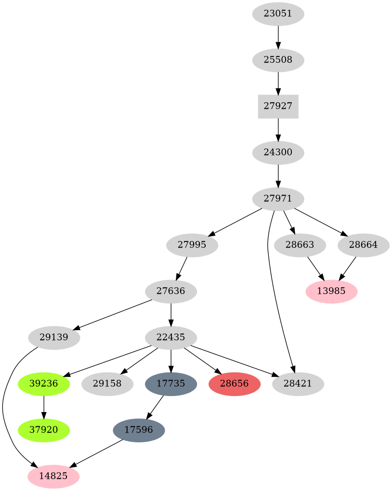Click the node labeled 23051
[278, 14]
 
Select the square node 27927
[278, 106]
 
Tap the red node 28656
[235, 385]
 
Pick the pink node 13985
[331, 292]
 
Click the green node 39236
[44, 385]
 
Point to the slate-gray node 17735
[171, 385]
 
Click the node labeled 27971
[278, 199]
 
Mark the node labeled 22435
[171, 338]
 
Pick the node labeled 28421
[298, 385]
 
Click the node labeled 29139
[54, 338]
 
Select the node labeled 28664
[363, 245]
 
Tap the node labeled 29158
[107, 385]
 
